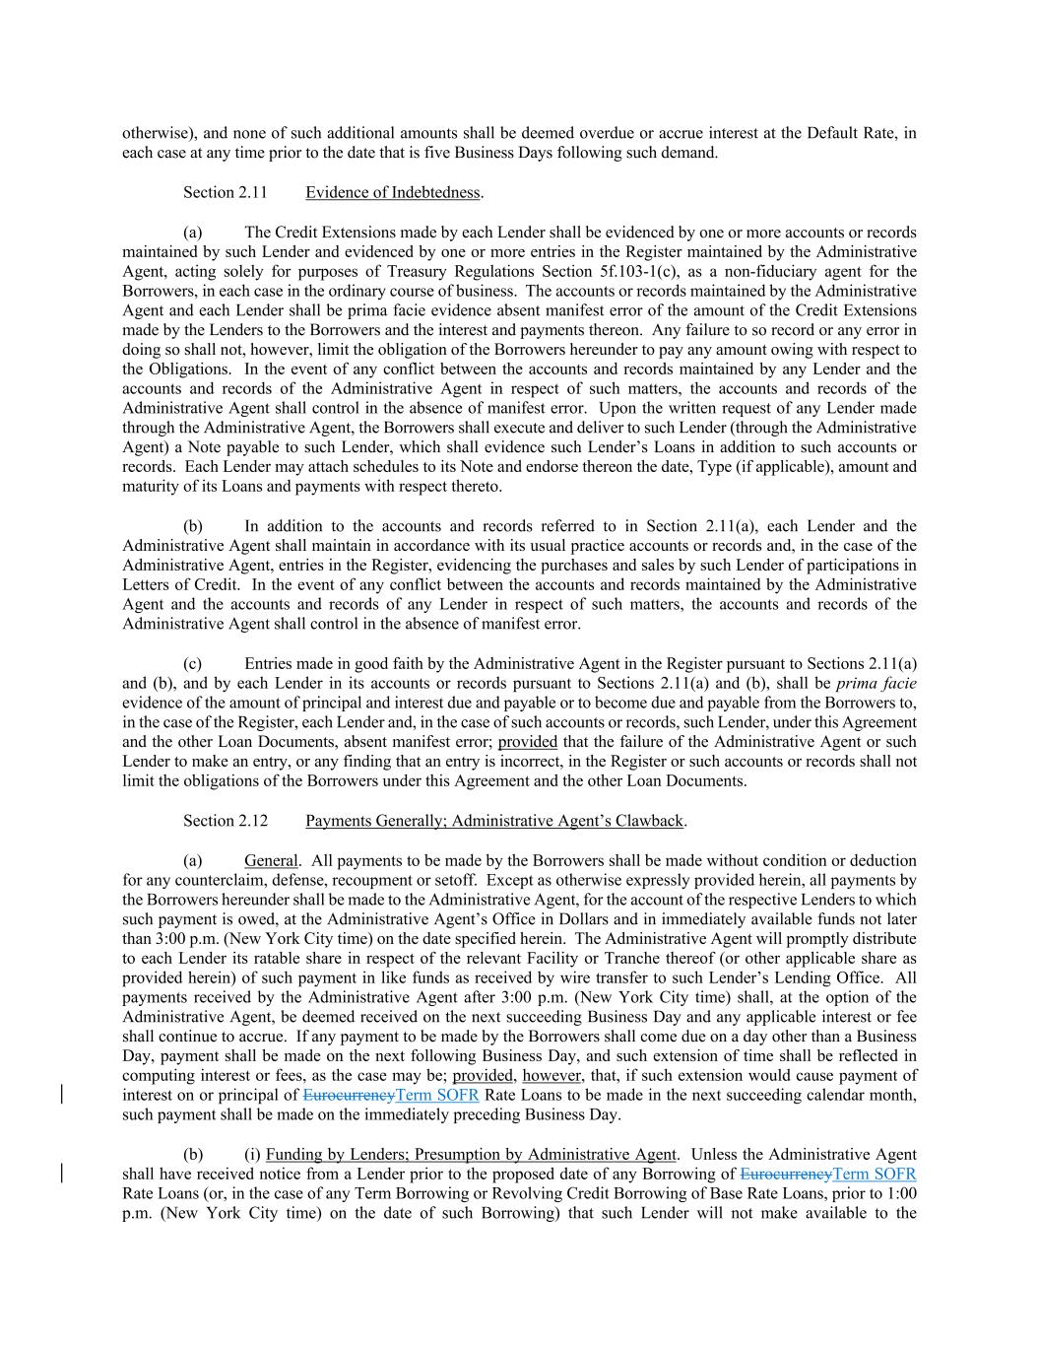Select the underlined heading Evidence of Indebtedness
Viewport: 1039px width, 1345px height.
click(x=393, y=192)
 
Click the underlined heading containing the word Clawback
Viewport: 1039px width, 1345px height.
click(x=494, y=821)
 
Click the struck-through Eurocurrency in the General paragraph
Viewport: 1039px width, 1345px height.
click(x=349, y=1096)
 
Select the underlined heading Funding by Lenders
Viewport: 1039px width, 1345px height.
click(x=471, y=1154)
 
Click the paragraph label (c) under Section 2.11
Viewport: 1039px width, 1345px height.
click(x=192, y=663)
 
